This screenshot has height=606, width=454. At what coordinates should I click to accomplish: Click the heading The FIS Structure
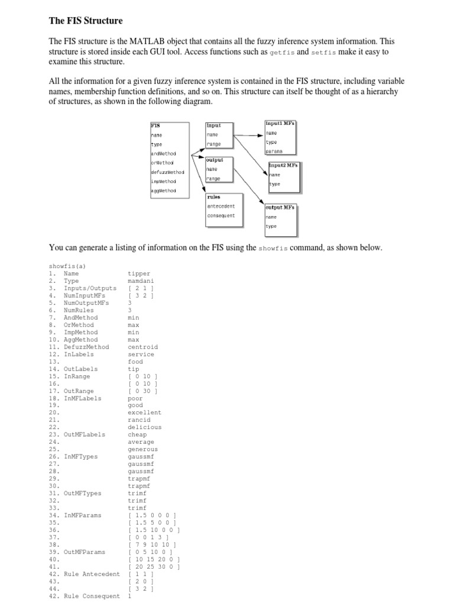pyautogui.click(x=85, y=21)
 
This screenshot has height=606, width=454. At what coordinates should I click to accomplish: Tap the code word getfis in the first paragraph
pyautogui.click(x=281, y=52)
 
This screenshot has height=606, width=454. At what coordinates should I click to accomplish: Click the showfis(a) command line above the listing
pyautogui.click(x=67, y=266)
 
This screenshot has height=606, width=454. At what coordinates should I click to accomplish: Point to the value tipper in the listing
pyautogui.click(x=139, y=273)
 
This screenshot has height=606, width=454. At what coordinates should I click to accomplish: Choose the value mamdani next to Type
pyautogui.click(x=141, y=281)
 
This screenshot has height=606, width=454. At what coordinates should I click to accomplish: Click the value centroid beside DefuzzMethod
pyautogui.click(x=142, y=347)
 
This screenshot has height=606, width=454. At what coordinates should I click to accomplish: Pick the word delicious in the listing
pyautogui.click(x=144, y=427)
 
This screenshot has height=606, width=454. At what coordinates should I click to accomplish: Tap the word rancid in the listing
pyautogui.click(x=139, y=420)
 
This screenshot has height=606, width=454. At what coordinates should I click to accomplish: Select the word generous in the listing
pyautogui.click(x=142, y=449)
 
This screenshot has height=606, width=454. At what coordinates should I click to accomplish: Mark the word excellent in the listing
pyautogui.click(x=144, y=412)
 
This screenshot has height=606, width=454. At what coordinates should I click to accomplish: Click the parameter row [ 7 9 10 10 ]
pyautogui.click(x=152, y=544)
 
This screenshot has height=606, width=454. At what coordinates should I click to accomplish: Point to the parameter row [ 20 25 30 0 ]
pyautogui.click(x=154, y=566)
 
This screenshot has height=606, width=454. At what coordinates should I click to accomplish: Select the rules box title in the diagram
pyautogui.click(x=213, y=197)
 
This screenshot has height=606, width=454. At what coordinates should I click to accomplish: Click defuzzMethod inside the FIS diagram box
pyautogui.click(x=167, y=172)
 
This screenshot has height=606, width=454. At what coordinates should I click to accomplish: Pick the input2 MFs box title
pyautogui.click(x=284, y=165)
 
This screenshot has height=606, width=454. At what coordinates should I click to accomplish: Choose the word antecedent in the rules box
pyautogui.click(x=221, y=206)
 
